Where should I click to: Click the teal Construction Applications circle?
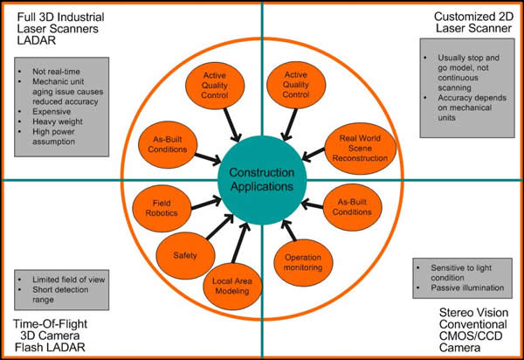click(x=262, y=179)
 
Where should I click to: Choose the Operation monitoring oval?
click(x=303, y=262)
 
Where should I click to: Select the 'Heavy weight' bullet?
click(x=58, y=126)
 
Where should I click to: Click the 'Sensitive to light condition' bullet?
click(x=460, y=268)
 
